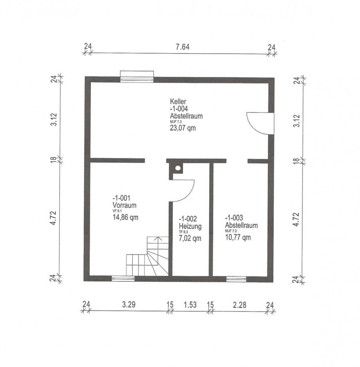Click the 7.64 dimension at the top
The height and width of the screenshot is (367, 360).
click(182, 47)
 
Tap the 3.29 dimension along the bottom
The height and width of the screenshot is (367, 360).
click(129, 304)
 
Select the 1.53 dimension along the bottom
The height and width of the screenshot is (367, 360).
click(190, 305)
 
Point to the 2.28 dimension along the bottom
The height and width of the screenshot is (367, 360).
click(240, 305)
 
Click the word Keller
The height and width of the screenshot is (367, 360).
click(178, 102)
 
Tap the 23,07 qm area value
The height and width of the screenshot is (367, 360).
click(183, 128)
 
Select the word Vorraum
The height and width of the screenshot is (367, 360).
click(124, 205)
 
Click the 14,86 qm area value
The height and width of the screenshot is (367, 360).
click(126, 218)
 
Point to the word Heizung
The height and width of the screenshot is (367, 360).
click(190, 226)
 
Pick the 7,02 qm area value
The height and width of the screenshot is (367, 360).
click(190, 239)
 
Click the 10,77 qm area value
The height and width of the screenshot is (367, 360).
click(238, 237)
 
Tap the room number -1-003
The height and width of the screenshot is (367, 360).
click(234, 218)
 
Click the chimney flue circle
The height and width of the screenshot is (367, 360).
click(178, 167)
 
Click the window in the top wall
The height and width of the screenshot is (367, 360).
click(137, 77)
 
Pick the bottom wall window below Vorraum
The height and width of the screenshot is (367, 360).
click(123, 278)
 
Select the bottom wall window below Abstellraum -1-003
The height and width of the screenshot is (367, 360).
click(236, 279)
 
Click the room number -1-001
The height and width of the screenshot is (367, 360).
click(121, 198)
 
